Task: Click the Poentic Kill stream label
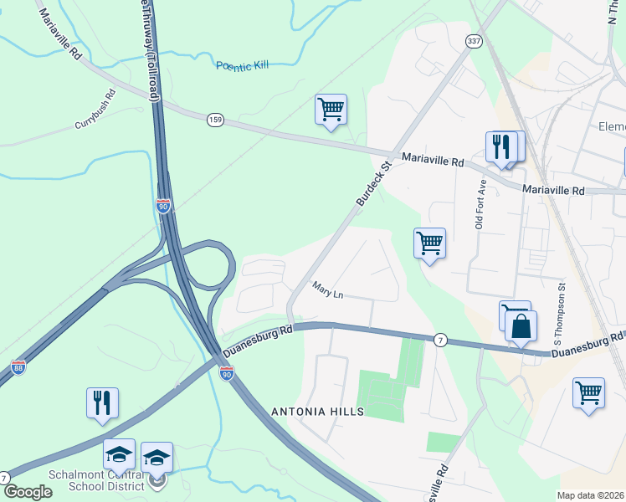click(x=244, y=66)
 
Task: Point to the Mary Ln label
click(x=328, y=292)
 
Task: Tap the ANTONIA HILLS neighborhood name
click(x=317, y=412)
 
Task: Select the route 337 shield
click(x=474, y=40)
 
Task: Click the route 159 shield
click(x=215, y=120)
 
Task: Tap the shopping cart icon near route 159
click(x=331, y=109)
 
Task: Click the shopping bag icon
click(x=521, y=325)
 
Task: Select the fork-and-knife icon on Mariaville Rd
click(x=500, y=146)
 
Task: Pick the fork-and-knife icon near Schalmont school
click(x=102, y=402)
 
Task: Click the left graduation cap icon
click(x=119, y=455)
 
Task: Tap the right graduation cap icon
click(x=156, y=457)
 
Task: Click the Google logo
click(x=28, y=492)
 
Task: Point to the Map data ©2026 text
click(x=590, y=495)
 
